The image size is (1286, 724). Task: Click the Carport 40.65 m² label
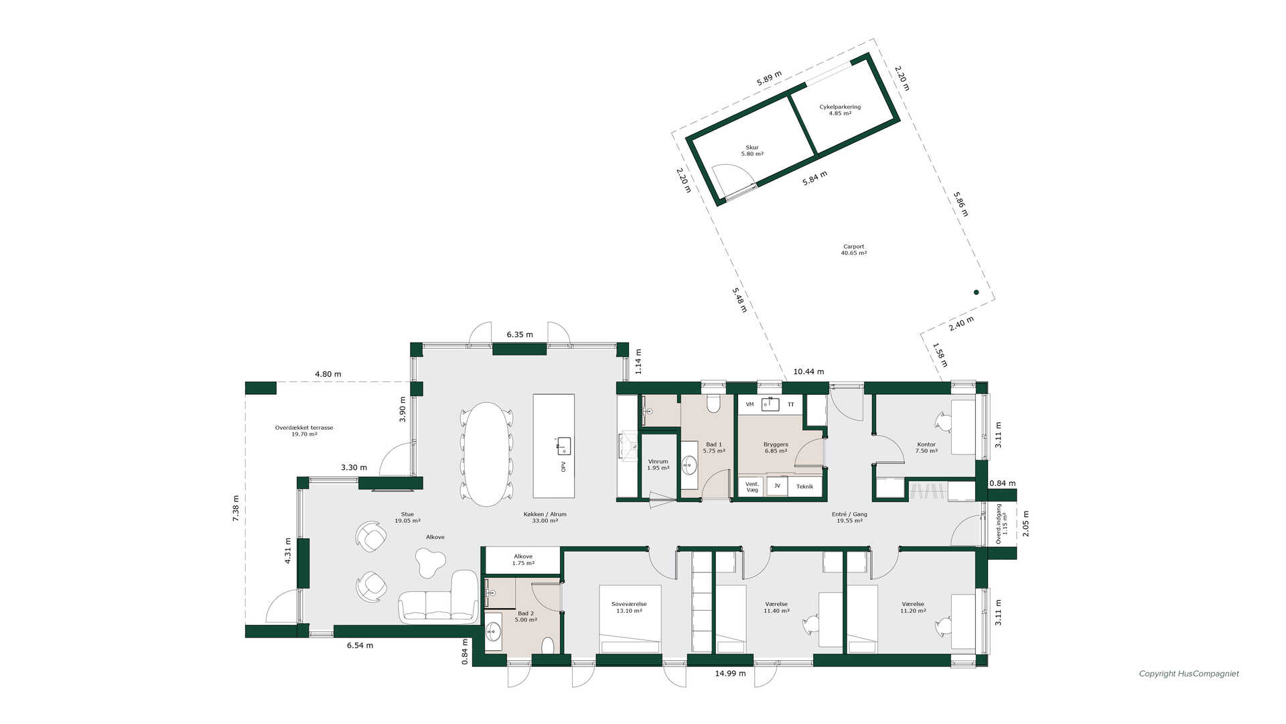[854, 250]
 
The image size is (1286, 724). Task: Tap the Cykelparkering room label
[840, 107]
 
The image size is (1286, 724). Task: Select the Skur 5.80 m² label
[752, 151]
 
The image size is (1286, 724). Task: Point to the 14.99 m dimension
[730, 674]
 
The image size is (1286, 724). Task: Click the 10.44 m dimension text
[808, 371]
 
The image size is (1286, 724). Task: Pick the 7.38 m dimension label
[236, 508]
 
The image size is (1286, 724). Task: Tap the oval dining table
[487, 454]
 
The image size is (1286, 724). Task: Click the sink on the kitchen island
[564, 446]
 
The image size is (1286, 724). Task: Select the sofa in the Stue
[439, 598]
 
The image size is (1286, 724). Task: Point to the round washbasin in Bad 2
[494, 631]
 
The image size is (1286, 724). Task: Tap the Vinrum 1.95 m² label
[658, 465]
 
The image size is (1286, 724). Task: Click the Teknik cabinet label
[804, 487]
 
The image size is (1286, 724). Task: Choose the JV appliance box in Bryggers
[777, 486]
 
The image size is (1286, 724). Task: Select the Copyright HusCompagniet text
[1189, 674]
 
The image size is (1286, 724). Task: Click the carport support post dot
[976, 292]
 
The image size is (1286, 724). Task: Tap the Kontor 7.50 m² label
[926, 448]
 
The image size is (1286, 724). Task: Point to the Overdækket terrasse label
[304, 428]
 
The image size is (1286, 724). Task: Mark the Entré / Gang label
[849, 515]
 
